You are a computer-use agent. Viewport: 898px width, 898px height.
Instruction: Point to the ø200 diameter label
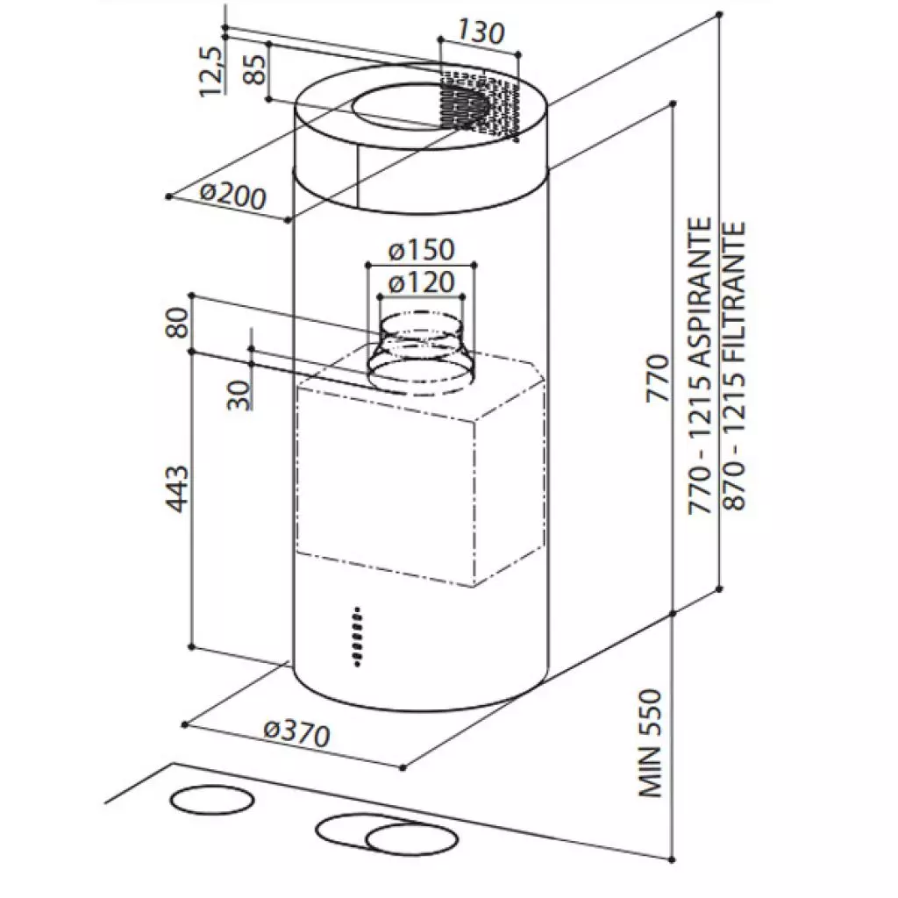coord(232,194)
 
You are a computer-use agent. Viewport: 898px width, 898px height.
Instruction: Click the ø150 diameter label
coord(421,250)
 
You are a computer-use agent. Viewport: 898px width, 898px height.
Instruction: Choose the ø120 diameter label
coord(421,282)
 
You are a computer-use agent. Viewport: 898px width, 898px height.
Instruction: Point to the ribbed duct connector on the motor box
coord(417,351)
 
